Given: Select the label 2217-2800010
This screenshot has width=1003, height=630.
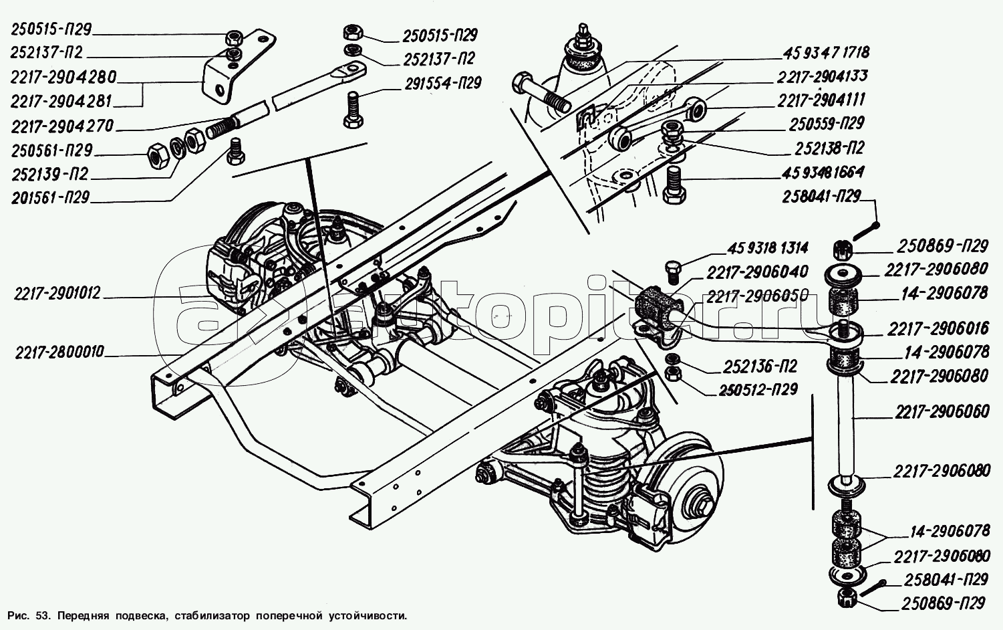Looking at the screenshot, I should [x=59, y=352].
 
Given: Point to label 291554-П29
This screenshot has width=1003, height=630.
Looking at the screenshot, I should [x=442, y=84].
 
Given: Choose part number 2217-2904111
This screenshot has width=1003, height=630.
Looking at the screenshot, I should [x=821, y=100].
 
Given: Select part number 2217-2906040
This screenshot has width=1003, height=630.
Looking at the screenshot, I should [x=748, y=272].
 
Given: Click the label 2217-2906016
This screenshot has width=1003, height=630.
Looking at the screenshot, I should [x=938, y=328].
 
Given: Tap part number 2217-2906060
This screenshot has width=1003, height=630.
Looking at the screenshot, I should [x=943, y=412].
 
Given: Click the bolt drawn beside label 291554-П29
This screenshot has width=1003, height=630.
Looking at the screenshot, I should [x=354, y=110].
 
